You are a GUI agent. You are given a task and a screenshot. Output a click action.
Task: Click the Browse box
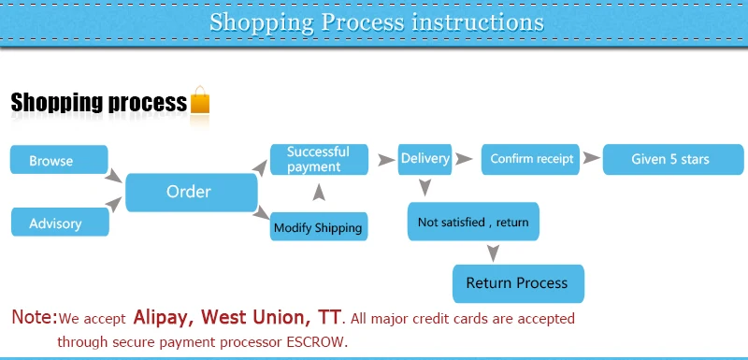[x=59, y=160]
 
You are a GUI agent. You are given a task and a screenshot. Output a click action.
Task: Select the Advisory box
[x=60, y=223]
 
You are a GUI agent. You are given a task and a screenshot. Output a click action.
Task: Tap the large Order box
[x=192, y=193]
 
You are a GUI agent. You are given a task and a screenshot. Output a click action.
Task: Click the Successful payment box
[x=319, y=160]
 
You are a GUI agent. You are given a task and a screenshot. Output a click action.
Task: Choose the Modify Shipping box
[x=319, y=226]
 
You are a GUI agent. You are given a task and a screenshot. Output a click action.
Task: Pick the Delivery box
[x=425, y=159]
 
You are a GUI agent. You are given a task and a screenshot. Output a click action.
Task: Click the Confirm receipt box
[x=530, y=159]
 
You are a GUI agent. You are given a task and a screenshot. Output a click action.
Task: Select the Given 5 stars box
[x=673, y=159]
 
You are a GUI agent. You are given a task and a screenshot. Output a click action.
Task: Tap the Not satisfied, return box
[x=473, y=222]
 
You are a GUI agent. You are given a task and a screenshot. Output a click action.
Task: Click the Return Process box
[x=518, y=283]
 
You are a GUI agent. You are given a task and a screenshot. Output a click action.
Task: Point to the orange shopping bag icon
[x=200, y=100]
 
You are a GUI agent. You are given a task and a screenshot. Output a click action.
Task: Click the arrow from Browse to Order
[x=113, y=176]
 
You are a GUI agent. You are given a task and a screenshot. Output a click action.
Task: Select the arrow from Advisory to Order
[x=113, y=204]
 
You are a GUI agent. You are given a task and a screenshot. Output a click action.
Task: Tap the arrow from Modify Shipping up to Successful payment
[x=319, y=193]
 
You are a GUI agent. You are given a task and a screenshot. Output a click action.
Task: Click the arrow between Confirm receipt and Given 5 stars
[x=592, y=158]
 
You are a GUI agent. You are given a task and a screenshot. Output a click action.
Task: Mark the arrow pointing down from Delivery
[x=424, y=187]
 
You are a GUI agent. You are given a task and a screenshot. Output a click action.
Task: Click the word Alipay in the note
[x=161, y=317]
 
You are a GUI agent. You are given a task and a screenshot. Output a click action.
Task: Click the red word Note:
[x=35, y=317]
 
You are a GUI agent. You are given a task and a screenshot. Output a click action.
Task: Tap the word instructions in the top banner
[x=478, y=22]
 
